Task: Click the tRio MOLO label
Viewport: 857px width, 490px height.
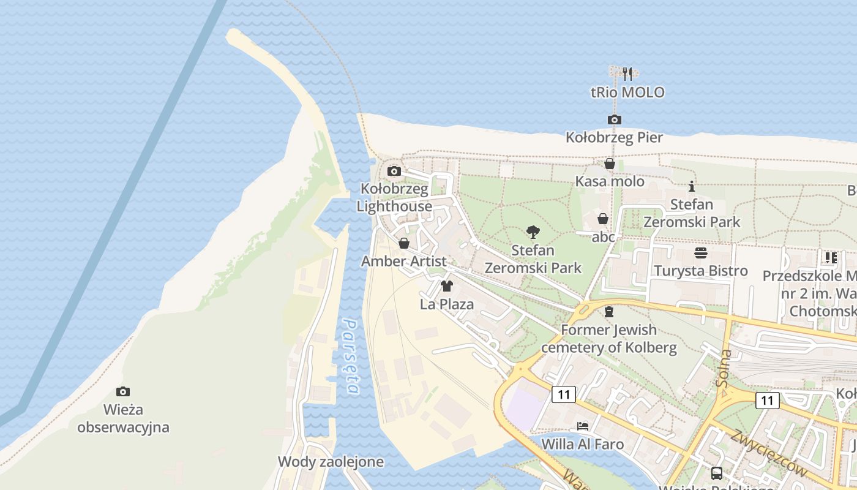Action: coord(627,92)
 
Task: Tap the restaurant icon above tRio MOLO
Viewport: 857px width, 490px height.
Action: coord(627,74)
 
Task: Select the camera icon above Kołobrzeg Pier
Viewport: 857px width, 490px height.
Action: coord(614,120)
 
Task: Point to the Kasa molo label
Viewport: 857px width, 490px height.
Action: coord(610,181)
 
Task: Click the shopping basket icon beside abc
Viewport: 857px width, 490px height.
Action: coord(603,219)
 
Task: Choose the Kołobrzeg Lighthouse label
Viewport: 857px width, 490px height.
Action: coord(394,197)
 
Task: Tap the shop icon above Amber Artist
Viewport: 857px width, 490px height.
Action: coord(403,243)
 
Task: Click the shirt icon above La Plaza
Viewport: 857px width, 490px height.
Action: coord(447,286)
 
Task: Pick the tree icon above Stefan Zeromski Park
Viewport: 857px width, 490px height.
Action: coord(533,232)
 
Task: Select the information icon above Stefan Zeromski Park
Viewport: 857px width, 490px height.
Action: coord(692,186)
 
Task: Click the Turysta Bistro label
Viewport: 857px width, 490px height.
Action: coord(701,271)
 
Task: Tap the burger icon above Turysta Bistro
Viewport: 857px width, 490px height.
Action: coord(701,253)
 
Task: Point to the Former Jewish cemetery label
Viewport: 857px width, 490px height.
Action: coord(609,339)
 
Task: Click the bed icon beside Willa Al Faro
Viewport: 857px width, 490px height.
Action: coord(582,426)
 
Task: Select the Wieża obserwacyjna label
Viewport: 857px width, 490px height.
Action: coord(123,418)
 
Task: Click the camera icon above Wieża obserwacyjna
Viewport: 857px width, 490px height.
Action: coord(123,391)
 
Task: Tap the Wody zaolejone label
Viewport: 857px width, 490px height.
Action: coord(331,462)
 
